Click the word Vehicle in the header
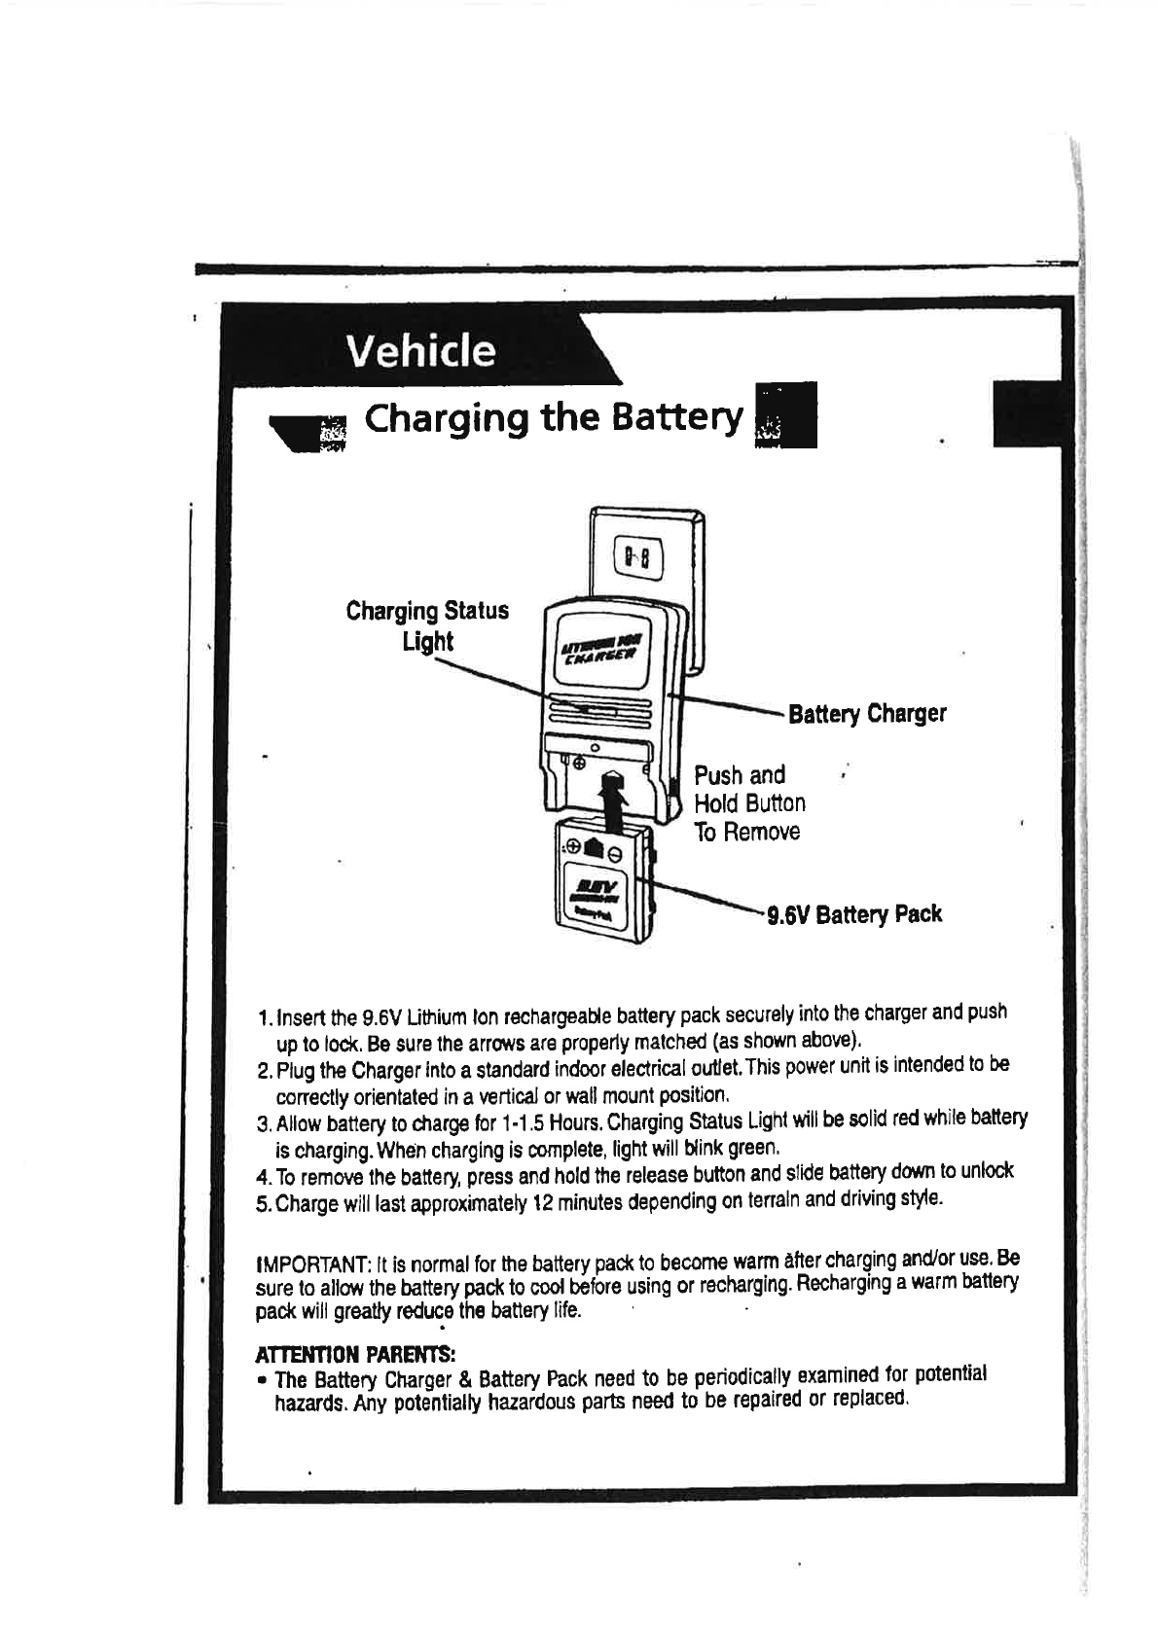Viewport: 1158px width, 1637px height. pyautogui.click(x=421, y=350)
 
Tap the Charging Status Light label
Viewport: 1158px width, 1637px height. pyautogui.click(x=427, y=625)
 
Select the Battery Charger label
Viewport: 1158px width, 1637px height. pyautogui.click(x=866, y=714)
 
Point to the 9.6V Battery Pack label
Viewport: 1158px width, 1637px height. pyautogui.click(x=854, y=914)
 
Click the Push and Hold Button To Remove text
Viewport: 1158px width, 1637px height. pyautogui.click(x=749, y=803)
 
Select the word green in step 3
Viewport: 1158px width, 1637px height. pyautogui.click(x=756, y=1147)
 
